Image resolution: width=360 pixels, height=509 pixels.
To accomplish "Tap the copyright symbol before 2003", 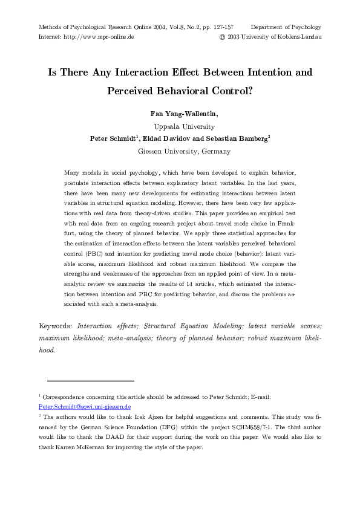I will coord(221,37).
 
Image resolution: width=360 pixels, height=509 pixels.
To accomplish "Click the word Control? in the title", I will coord(231,93).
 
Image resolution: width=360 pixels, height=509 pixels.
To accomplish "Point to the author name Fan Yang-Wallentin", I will coord(180,114).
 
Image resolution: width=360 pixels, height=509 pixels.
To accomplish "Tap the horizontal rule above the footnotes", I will coord(90,381).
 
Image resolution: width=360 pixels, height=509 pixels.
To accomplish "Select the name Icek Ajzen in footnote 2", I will coord(162,417).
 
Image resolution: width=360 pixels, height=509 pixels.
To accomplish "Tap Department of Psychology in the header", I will coord(286,27).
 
